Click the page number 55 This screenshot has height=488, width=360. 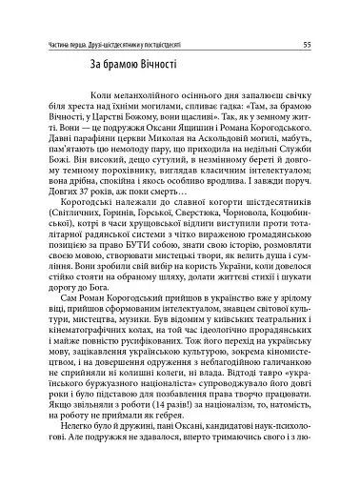pos(330,43)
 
